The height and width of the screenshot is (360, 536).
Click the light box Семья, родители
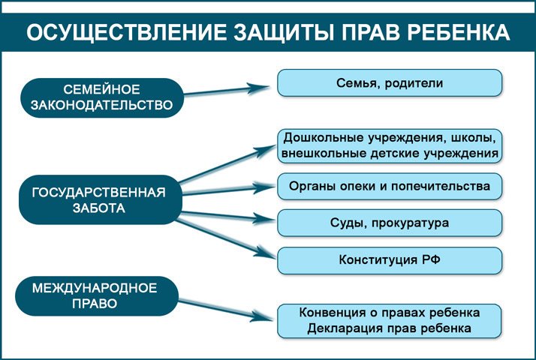[x=390, y=82]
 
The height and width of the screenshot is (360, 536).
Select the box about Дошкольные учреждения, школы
[x=390, y=145]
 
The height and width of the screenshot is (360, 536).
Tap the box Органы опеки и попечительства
[x=390, y=185]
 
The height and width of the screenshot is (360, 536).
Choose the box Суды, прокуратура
[x=390, y=223]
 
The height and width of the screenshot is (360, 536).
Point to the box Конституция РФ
[x=390, y=260]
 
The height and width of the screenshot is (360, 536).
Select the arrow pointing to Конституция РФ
[x=225, y=235]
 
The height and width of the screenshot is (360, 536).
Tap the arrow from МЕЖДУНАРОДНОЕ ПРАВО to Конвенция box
[x=225, y=309]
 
